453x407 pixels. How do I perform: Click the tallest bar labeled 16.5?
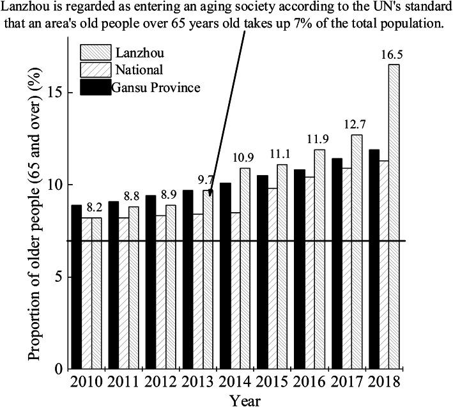pyautogui.click(x=394, y=217)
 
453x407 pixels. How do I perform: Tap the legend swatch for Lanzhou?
pyautogui.click(x=95, y=52)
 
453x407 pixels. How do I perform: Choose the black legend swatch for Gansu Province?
pyautogui.click(x=95, y=87)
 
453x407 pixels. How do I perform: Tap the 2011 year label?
pyautogui.click(x=123, y=381)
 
